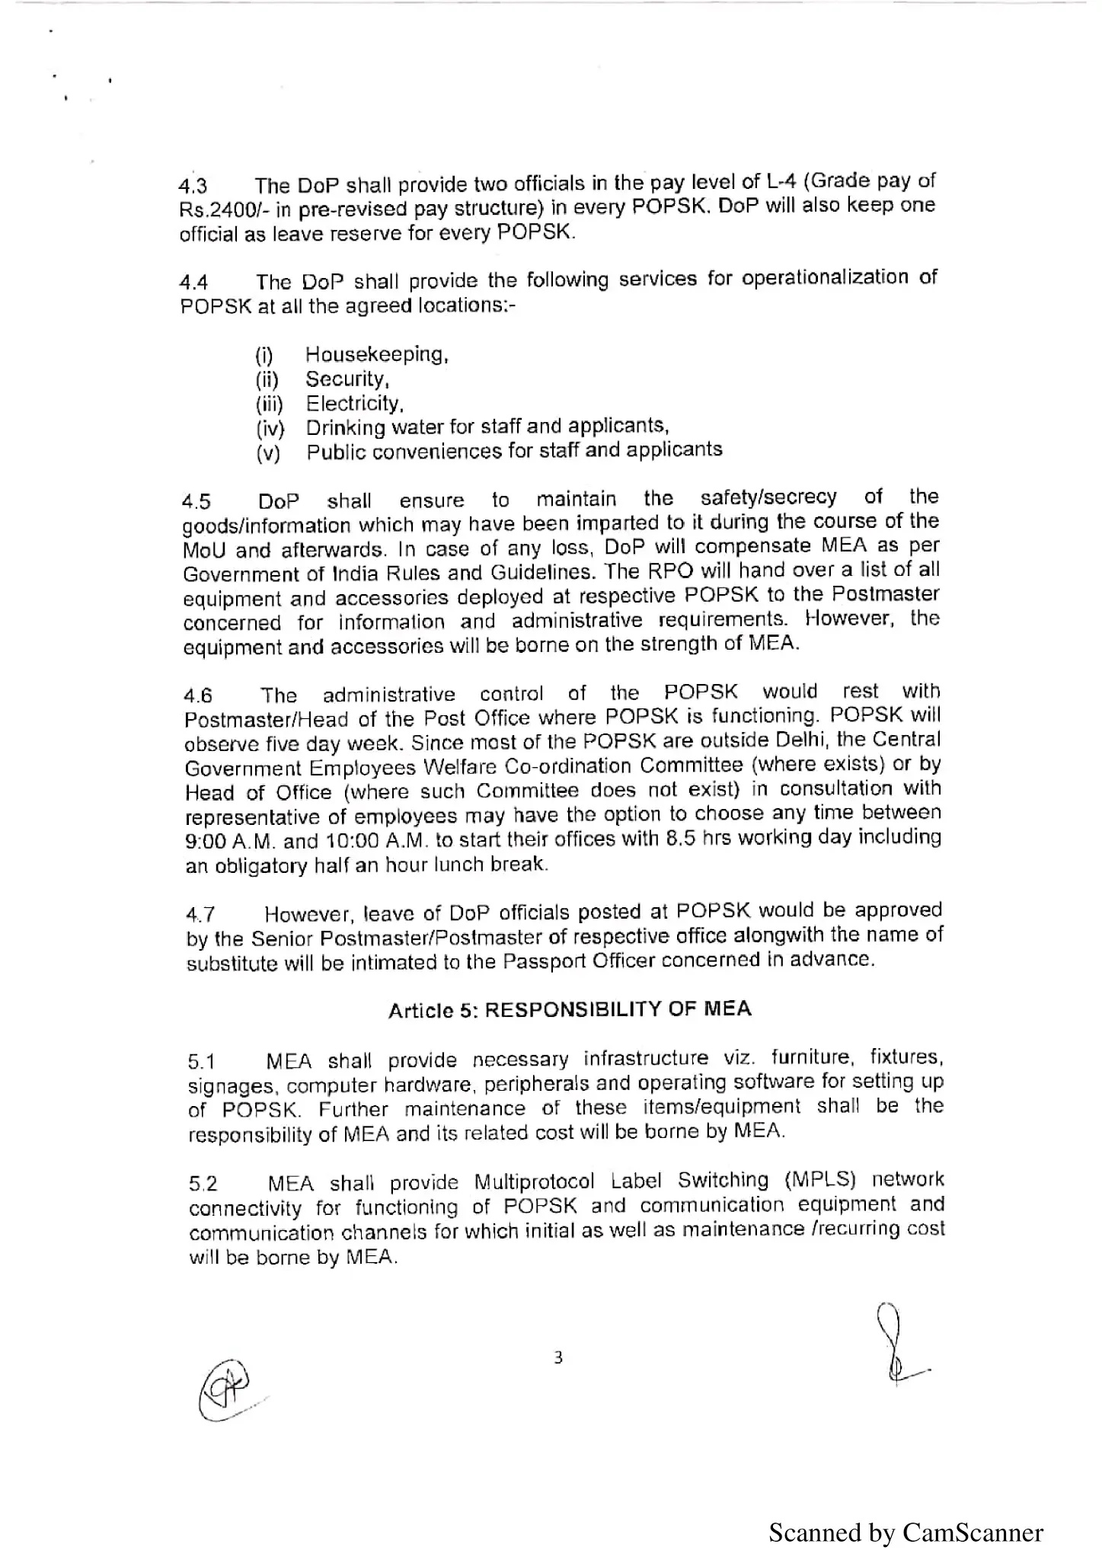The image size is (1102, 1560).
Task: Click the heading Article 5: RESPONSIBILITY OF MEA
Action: (570, 1009)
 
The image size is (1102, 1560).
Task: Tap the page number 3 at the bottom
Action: (558, 1357)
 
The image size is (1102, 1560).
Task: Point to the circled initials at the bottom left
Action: (226, 1389)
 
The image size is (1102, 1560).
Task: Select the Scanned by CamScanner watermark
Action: (906, 1532)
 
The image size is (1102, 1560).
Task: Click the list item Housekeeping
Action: (376, 354)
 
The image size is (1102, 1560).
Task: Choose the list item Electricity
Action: (354, 403)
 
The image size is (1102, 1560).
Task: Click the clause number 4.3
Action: (193, 187)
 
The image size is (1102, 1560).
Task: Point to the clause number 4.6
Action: (198, 695)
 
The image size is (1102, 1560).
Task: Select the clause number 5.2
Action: (203, 1184)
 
